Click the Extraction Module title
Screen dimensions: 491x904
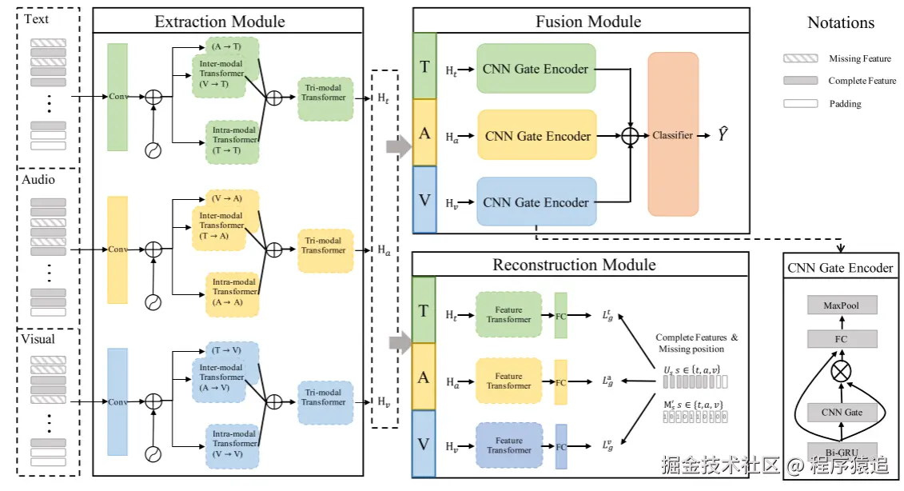coord(220,22)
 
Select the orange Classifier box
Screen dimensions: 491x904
coord(672,134)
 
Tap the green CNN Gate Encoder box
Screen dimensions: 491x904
coord(537,69)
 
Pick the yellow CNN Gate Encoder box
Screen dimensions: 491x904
coord(537,136)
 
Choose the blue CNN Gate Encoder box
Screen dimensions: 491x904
coord(537,202)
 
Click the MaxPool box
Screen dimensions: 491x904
coord(842,305)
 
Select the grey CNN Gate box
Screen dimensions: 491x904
coord(842,413)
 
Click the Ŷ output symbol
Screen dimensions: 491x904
coord(723,135)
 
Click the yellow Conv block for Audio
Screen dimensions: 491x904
coord(117,249)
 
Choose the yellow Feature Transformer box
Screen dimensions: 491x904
coord(508,381)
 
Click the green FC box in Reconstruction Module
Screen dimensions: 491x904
coord(560,315)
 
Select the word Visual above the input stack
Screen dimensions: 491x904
coord(38,339)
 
